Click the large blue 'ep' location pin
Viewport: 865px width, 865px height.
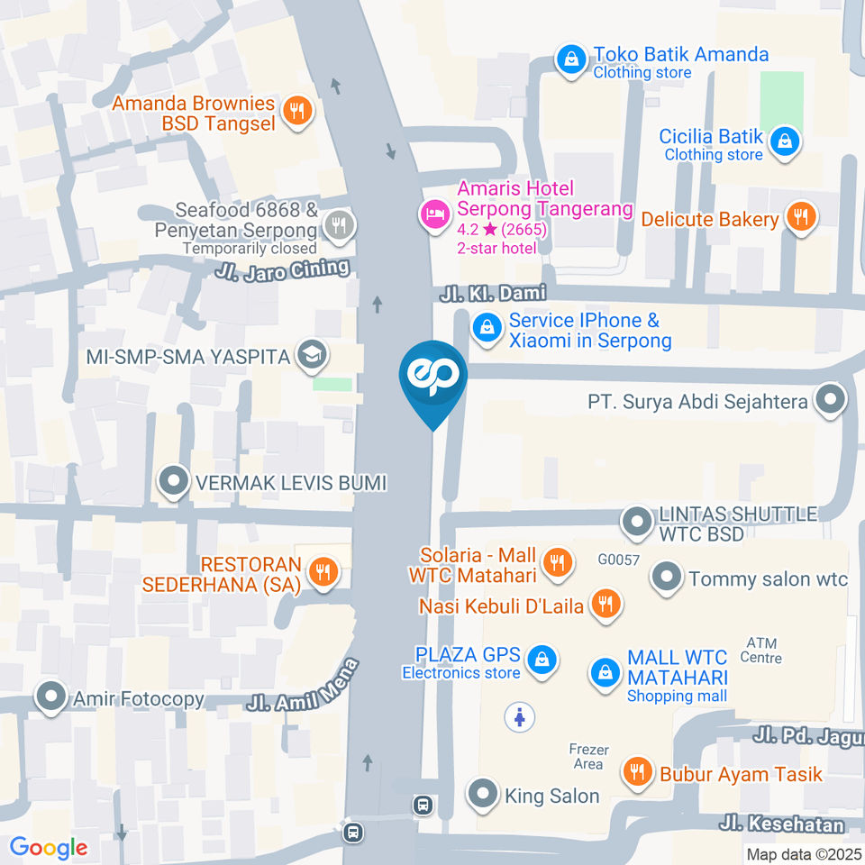coord(433,377)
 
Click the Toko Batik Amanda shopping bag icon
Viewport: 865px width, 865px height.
coord(569,60)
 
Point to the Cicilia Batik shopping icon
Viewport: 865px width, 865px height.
coord(786,141)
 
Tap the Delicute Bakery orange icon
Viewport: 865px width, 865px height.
coord(799,217)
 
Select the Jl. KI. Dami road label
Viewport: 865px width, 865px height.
coord(493,293)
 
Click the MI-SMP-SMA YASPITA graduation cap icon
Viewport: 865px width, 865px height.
coord(312,356)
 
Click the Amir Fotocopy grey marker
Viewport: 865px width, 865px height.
coord(51,697)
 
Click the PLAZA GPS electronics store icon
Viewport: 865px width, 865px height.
coord(542,660)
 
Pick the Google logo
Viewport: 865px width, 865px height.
coord(49,847)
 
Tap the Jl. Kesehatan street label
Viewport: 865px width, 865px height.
coord(781,824)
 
